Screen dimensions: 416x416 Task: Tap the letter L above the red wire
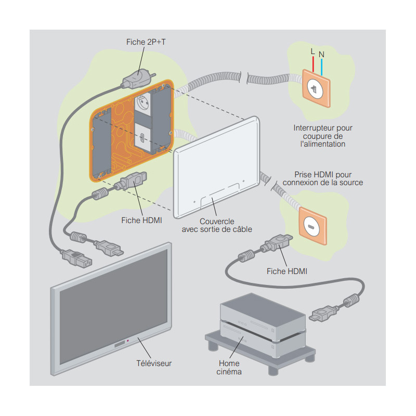pos(312,51)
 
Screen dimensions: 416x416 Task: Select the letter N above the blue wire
pos(321,54)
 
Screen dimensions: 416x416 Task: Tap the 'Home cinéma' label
pos(230,368)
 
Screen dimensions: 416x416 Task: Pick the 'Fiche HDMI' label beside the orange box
pos(141,220)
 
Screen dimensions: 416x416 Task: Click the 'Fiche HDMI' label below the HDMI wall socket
pos(287,271)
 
